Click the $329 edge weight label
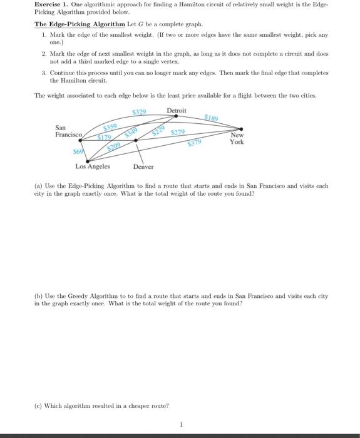(139, 111)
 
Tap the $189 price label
(212, 117)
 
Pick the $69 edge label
(78, 152)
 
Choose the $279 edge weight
(178, 132)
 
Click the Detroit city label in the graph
(176, 110)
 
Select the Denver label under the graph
(143, 167)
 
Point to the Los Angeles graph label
(92, 166)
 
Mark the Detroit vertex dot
(176, 116)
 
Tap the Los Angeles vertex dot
(87, 160)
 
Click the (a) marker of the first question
(38, 186)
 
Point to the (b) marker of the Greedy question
(38, 295)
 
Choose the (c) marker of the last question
(38, 405)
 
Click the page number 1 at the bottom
(180, 425)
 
